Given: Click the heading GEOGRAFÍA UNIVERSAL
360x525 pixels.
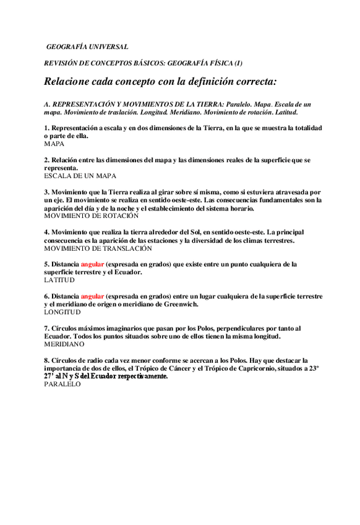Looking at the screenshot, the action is tap(87, 46).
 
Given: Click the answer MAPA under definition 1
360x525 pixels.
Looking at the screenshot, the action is tap(54, 143).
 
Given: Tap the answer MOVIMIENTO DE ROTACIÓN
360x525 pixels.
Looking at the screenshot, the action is tap(92, 216).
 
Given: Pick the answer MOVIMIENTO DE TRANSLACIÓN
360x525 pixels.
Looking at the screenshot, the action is tap(98, 248).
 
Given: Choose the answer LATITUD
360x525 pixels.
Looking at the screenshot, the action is tap(59, 280).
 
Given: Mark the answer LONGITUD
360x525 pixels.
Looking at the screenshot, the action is tap(62, 312).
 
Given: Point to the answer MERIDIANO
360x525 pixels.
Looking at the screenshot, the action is tap(64, 344).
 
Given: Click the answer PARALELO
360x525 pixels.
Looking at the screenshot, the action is tap(62, 384).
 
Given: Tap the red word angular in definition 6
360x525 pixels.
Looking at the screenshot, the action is tap(92, 296).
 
